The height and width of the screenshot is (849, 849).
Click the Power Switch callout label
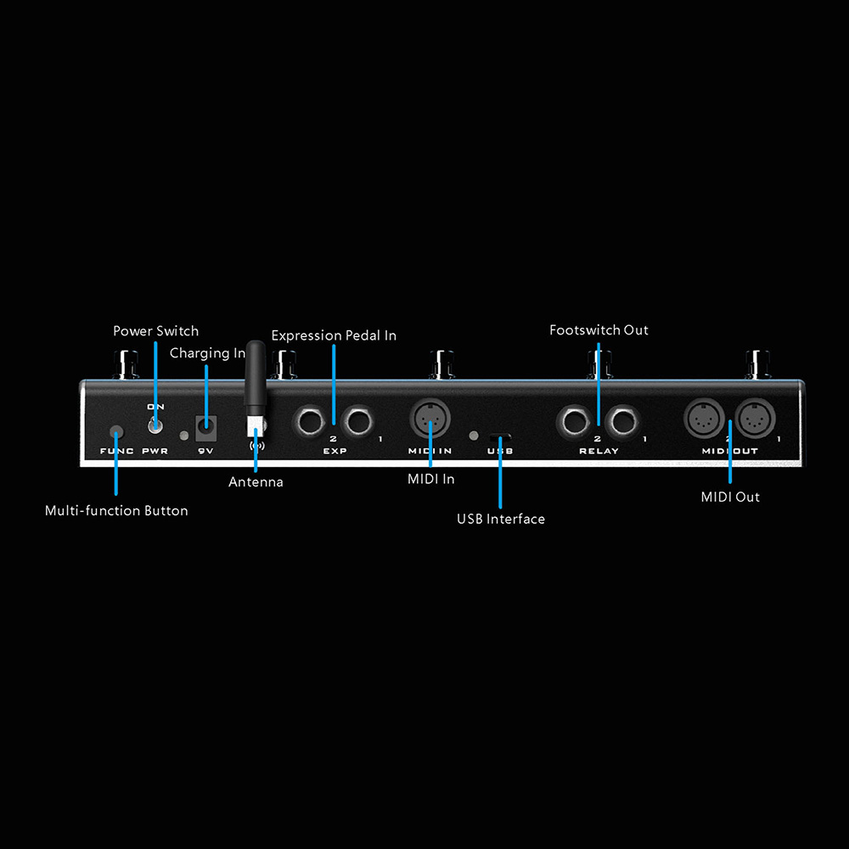point(156,331)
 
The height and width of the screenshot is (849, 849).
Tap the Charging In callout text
point(207,353)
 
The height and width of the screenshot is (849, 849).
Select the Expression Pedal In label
point(334,335)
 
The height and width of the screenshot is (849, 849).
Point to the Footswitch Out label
point(599,330)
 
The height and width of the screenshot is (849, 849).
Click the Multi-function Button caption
point(116,510)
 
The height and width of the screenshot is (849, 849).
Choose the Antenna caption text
point(256,482)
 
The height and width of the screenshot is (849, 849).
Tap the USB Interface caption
point(501,519)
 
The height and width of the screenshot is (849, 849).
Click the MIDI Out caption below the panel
point(730,497)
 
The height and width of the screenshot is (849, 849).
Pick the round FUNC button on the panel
point(116,432)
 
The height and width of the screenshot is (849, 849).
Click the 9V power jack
point(205,428)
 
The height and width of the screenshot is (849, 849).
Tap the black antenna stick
point(256,374)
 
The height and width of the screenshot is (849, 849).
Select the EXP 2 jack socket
point(309,421)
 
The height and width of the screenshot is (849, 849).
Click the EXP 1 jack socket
point(357,421)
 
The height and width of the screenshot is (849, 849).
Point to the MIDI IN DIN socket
point(430,418)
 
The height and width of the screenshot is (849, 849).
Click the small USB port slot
point(500,436)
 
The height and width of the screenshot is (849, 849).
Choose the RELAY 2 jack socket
point(574,421)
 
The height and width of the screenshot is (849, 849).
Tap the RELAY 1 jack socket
point(622,421)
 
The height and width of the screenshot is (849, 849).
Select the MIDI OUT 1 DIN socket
point(756,418)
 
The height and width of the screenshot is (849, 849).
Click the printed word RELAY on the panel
point(599,451)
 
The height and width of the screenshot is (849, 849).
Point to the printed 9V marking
point(205,451)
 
